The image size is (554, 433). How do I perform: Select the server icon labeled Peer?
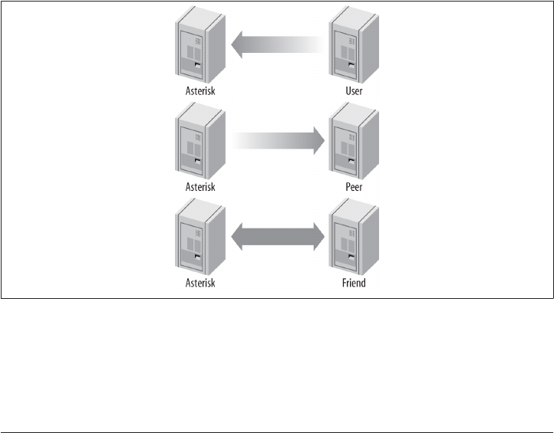point(354,143)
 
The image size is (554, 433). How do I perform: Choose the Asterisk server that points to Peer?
point(201,143)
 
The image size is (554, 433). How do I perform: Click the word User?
point(354,90)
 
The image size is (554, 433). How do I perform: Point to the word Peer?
point(354,186)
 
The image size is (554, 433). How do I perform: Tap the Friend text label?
point(354,283)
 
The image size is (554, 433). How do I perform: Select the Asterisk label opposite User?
point(201,90)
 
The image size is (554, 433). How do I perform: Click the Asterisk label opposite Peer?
point(201,186)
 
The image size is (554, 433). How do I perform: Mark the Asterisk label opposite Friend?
point(201,283)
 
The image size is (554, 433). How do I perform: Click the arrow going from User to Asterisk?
point(276,45)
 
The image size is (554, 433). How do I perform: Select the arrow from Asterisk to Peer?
point(276,142)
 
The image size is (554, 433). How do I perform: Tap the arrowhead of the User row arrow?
point(239,45)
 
